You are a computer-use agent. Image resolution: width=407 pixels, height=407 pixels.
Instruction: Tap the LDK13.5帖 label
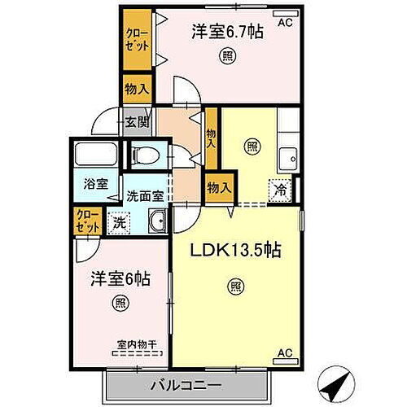coord(235,251)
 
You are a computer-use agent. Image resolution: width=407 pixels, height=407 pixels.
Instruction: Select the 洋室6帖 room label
coord(119,278)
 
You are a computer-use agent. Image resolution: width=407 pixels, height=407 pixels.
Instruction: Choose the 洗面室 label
coord(146,195)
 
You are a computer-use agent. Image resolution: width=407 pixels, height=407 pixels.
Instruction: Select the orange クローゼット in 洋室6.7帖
coord(136,40)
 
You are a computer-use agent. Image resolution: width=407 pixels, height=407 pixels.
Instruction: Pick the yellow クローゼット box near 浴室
coord(85,221)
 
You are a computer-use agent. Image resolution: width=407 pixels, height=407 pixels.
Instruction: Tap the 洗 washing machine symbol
coord(119,221)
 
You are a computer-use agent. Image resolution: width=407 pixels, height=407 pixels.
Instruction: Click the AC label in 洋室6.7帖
coord(284,24)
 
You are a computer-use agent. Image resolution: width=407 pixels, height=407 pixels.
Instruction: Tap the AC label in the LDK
coord(284,352)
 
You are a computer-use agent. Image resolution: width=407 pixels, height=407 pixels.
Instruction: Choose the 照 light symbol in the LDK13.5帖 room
coord(235,286)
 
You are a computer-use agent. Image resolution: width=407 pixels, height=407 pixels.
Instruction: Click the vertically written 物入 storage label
coord(211,134)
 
